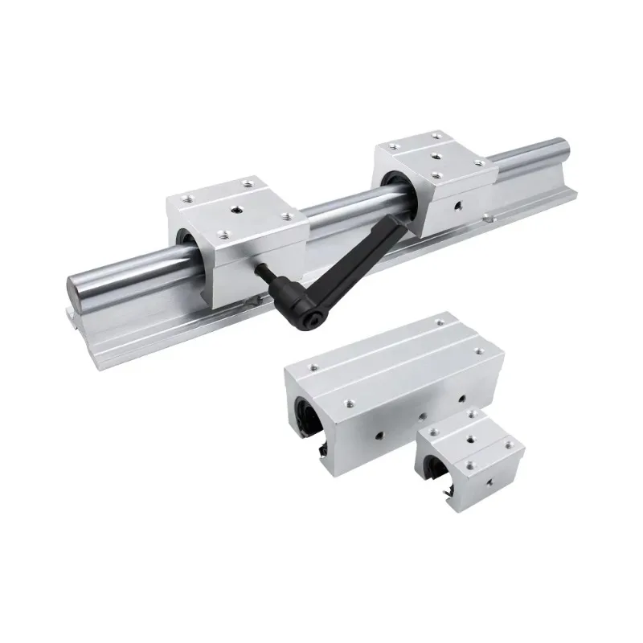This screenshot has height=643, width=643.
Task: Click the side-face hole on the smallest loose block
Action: point(487,482)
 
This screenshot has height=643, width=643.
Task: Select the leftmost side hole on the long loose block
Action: point(379,439)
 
